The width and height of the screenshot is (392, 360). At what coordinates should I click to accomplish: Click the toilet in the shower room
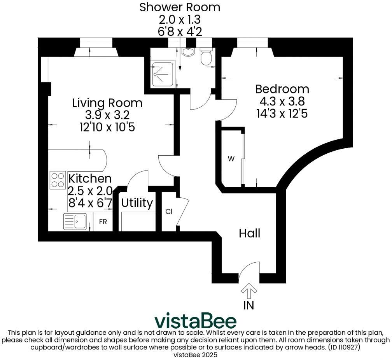(x=206, y=57)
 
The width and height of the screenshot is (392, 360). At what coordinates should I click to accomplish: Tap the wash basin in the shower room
(x=189, y=51)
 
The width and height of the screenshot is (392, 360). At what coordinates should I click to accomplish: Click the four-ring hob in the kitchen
(x=58, y=180)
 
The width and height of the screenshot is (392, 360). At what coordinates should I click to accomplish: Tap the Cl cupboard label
(x=169, y=212)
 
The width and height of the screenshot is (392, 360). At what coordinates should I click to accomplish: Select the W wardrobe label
(x=231, y=158)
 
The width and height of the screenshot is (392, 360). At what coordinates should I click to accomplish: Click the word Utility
(x=136, y=203)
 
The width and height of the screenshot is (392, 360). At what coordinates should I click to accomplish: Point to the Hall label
(x=249, y=234)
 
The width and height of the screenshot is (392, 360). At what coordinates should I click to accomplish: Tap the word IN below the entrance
(x=249, y=306)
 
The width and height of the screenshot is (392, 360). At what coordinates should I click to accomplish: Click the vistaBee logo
(x=196, y=321)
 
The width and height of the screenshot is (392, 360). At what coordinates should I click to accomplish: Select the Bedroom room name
(x=282, y=89)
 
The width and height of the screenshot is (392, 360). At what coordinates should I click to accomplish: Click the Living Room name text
(x=107, y=103)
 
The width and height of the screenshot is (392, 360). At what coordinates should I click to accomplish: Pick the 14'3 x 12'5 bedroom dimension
(x=282, y=113)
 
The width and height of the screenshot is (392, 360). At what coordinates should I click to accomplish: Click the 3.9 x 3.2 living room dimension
(x=107, y=115)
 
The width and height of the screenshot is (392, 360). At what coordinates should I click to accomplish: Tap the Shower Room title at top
(x=180, y=7)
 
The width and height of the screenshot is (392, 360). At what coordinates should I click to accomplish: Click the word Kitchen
(x=90, y=179)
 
